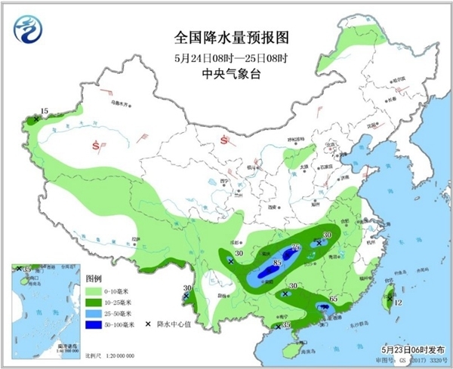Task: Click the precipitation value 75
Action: click(295, 248)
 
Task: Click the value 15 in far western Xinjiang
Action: click(44, 112)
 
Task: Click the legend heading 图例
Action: click(93, 278)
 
